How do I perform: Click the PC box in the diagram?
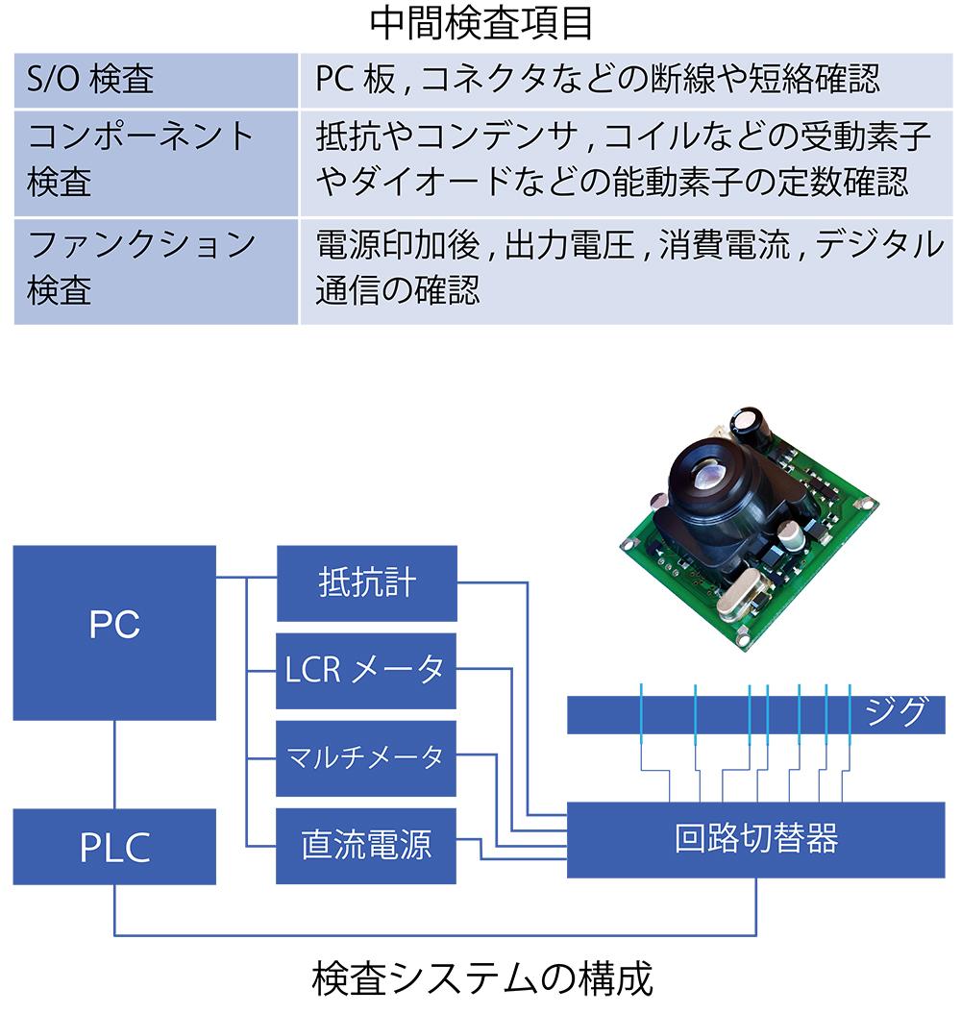pos(114,631)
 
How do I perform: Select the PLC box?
pos(114,847)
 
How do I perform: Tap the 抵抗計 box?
pos(366,583)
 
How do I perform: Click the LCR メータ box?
pos(366,670)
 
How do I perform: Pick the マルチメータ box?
pos(366,758)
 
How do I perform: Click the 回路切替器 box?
pos(756,839)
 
